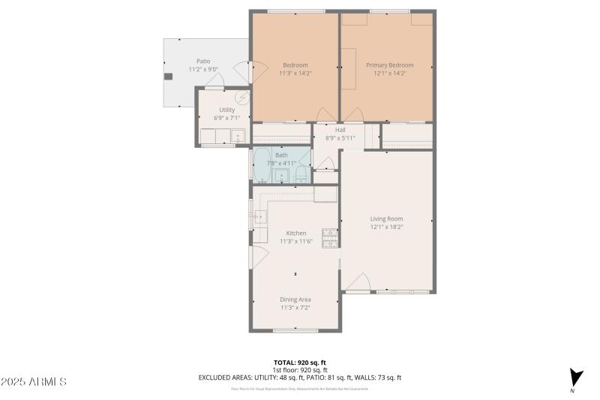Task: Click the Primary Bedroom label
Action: pos(389,65)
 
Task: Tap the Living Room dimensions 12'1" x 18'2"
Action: pos(386,227)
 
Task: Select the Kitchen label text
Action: pos(295,233)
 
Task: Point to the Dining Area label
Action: pos(295,299)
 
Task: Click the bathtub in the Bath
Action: pos(262,167)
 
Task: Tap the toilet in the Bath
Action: pos(301,176)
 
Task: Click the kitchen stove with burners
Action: pos(329,238)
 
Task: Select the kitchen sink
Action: pos(259,218)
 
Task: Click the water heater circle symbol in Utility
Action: pos(241,98)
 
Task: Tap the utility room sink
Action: pos(238,137)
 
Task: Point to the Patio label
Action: pos(203,62)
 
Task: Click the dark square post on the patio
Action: pos(169,76)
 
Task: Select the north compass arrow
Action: pos(575,377)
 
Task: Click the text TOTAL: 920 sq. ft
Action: pos(299,362)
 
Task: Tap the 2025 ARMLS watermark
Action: pos(34,382)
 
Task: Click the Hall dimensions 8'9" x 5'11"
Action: pos(340,138)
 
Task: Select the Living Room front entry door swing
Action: pos(357,282)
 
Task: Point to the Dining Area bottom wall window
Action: pos(295,330)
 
